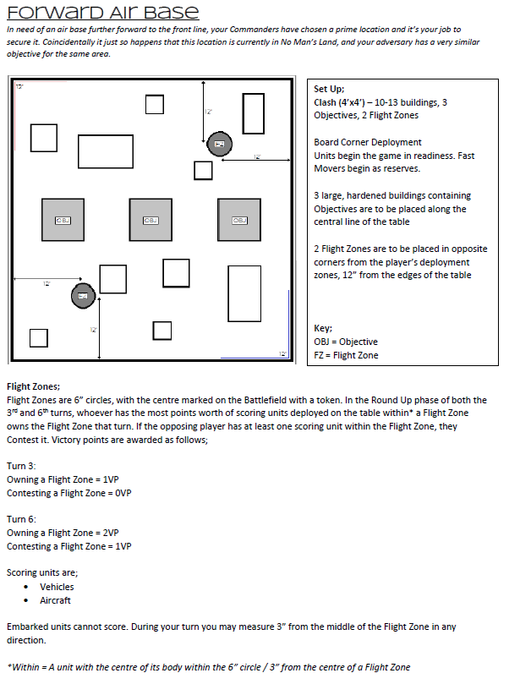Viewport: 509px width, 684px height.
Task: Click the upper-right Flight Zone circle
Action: point(220,145)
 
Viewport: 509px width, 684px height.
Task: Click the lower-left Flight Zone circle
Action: point(82,294)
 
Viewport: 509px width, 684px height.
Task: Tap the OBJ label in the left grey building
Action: point(63,220)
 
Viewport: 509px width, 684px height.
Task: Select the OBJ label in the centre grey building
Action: point(151,220)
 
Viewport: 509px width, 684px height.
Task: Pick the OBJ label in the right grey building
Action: point(238,220)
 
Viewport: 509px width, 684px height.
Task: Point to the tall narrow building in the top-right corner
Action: point(254,113)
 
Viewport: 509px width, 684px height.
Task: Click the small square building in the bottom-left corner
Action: point(38,338)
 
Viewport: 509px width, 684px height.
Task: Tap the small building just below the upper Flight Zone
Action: point(203,170)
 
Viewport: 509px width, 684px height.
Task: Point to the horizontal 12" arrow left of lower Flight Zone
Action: point(47,279)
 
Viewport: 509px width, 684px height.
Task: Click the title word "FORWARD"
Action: point(49,12)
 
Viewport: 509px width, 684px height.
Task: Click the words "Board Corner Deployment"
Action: point(367,142)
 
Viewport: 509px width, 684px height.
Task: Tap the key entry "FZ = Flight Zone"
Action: point(345,355)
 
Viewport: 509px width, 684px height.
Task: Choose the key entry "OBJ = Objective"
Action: point(345,342)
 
